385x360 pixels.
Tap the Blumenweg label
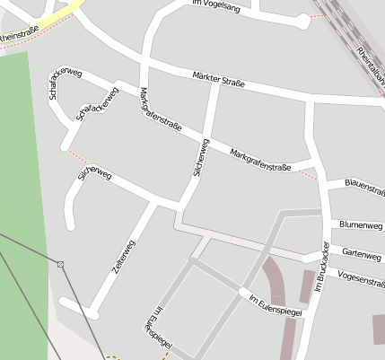tap(361, 224)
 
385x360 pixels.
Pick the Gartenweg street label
tap(362, 253)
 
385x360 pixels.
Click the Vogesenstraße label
tap(360, 279)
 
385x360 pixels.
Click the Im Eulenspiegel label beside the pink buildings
tap(275, 303)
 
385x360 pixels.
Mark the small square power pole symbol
tap(60, 264)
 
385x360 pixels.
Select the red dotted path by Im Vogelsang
tap(314, 16)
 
